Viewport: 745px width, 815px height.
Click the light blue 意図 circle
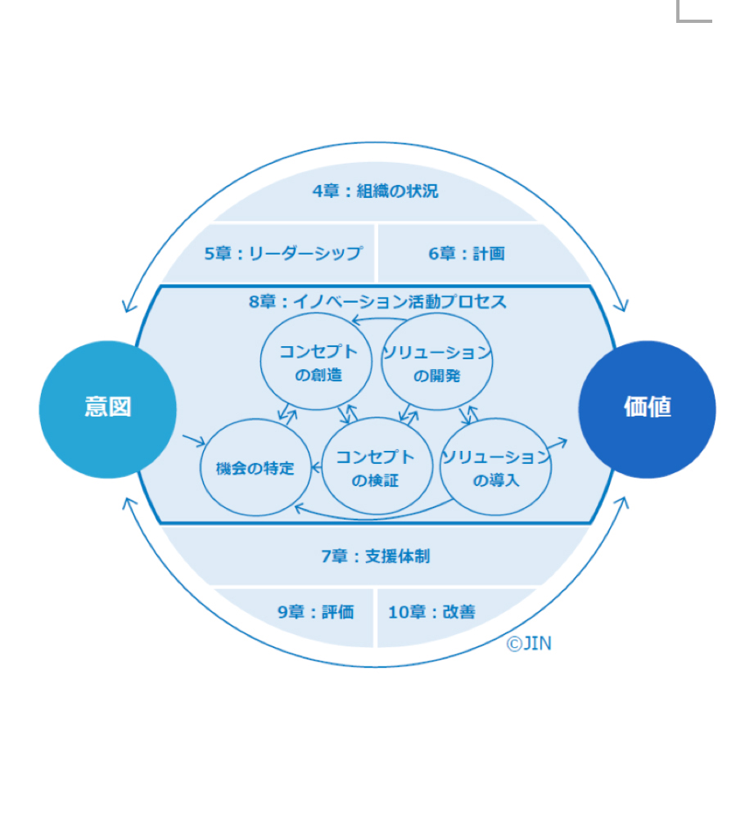tap(107, 409)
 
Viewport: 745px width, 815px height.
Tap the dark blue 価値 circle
tap(647, 409)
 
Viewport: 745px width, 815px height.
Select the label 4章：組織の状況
tap(375, 191)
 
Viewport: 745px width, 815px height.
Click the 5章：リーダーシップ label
tap(283, 253)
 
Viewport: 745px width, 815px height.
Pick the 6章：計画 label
tap(467, 253)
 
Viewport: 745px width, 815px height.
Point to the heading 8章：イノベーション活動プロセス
tap(377, 301)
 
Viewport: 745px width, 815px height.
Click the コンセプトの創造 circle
tap(316, 361)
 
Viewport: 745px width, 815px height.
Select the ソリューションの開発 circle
tap(436, 361)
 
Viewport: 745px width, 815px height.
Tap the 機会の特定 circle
tap(255, 467)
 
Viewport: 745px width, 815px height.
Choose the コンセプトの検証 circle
tap(377, 466)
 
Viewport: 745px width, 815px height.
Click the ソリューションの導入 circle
tap(495, 467)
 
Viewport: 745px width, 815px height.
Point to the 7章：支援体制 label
tap(375, 556)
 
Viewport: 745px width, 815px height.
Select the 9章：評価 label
tap(315, 612)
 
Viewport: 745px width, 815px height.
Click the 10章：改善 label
tap(431, 612)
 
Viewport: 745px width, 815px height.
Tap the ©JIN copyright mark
tap(529, 643)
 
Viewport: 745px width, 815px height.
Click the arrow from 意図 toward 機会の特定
tap(194, 441)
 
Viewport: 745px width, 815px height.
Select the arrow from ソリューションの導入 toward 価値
tap(556, 444)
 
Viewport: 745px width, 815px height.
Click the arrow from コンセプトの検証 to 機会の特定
tap(316, 468)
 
